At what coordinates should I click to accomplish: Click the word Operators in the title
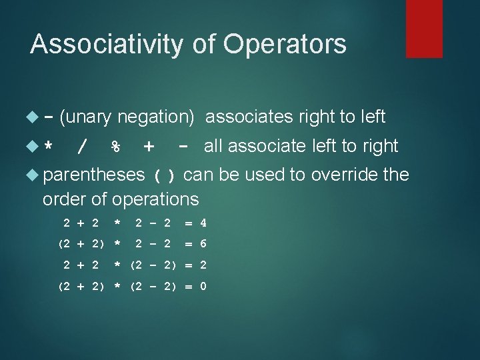tap(285, 44)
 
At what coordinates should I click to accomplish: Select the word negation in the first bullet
tap(155, 117)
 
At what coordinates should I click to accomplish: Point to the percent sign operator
tap(115, 146)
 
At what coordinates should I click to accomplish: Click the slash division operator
tap(82, 146)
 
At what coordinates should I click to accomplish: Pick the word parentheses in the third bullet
tap(93, 175)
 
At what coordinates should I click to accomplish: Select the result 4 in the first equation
tap(203, 223)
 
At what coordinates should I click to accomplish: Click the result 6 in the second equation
tap(203, 243)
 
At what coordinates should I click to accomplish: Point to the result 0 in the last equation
tap(203, 287)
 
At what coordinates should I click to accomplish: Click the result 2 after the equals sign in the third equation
tap(203, 265)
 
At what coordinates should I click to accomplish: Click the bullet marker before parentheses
tap(35, 175)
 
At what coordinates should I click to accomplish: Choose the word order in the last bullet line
tap(61, 199)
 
